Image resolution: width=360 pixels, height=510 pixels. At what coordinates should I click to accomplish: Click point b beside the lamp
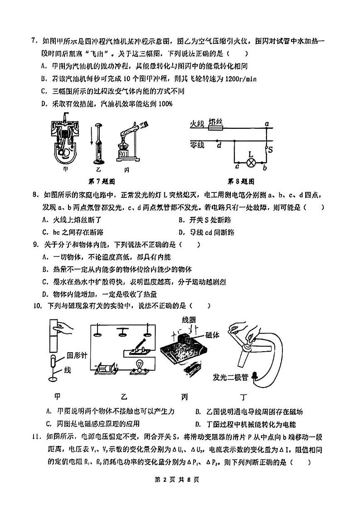point(264,168)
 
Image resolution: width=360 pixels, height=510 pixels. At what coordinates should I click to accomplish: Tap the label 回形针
point(77,355)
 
